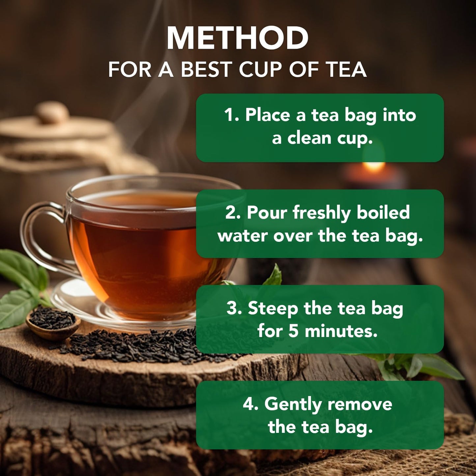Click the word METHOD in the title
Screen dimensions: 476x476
point(238,38)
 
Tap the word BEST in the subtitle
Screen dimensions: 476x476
point(210,70)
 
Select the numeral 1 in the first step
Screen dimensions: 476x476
point(229,115)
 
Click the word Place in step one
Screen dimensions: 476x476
point(267,115)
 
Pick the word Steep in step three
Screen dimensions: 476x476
point(273,309)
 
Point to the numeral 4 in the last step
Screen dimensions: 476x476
point(249,405)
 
